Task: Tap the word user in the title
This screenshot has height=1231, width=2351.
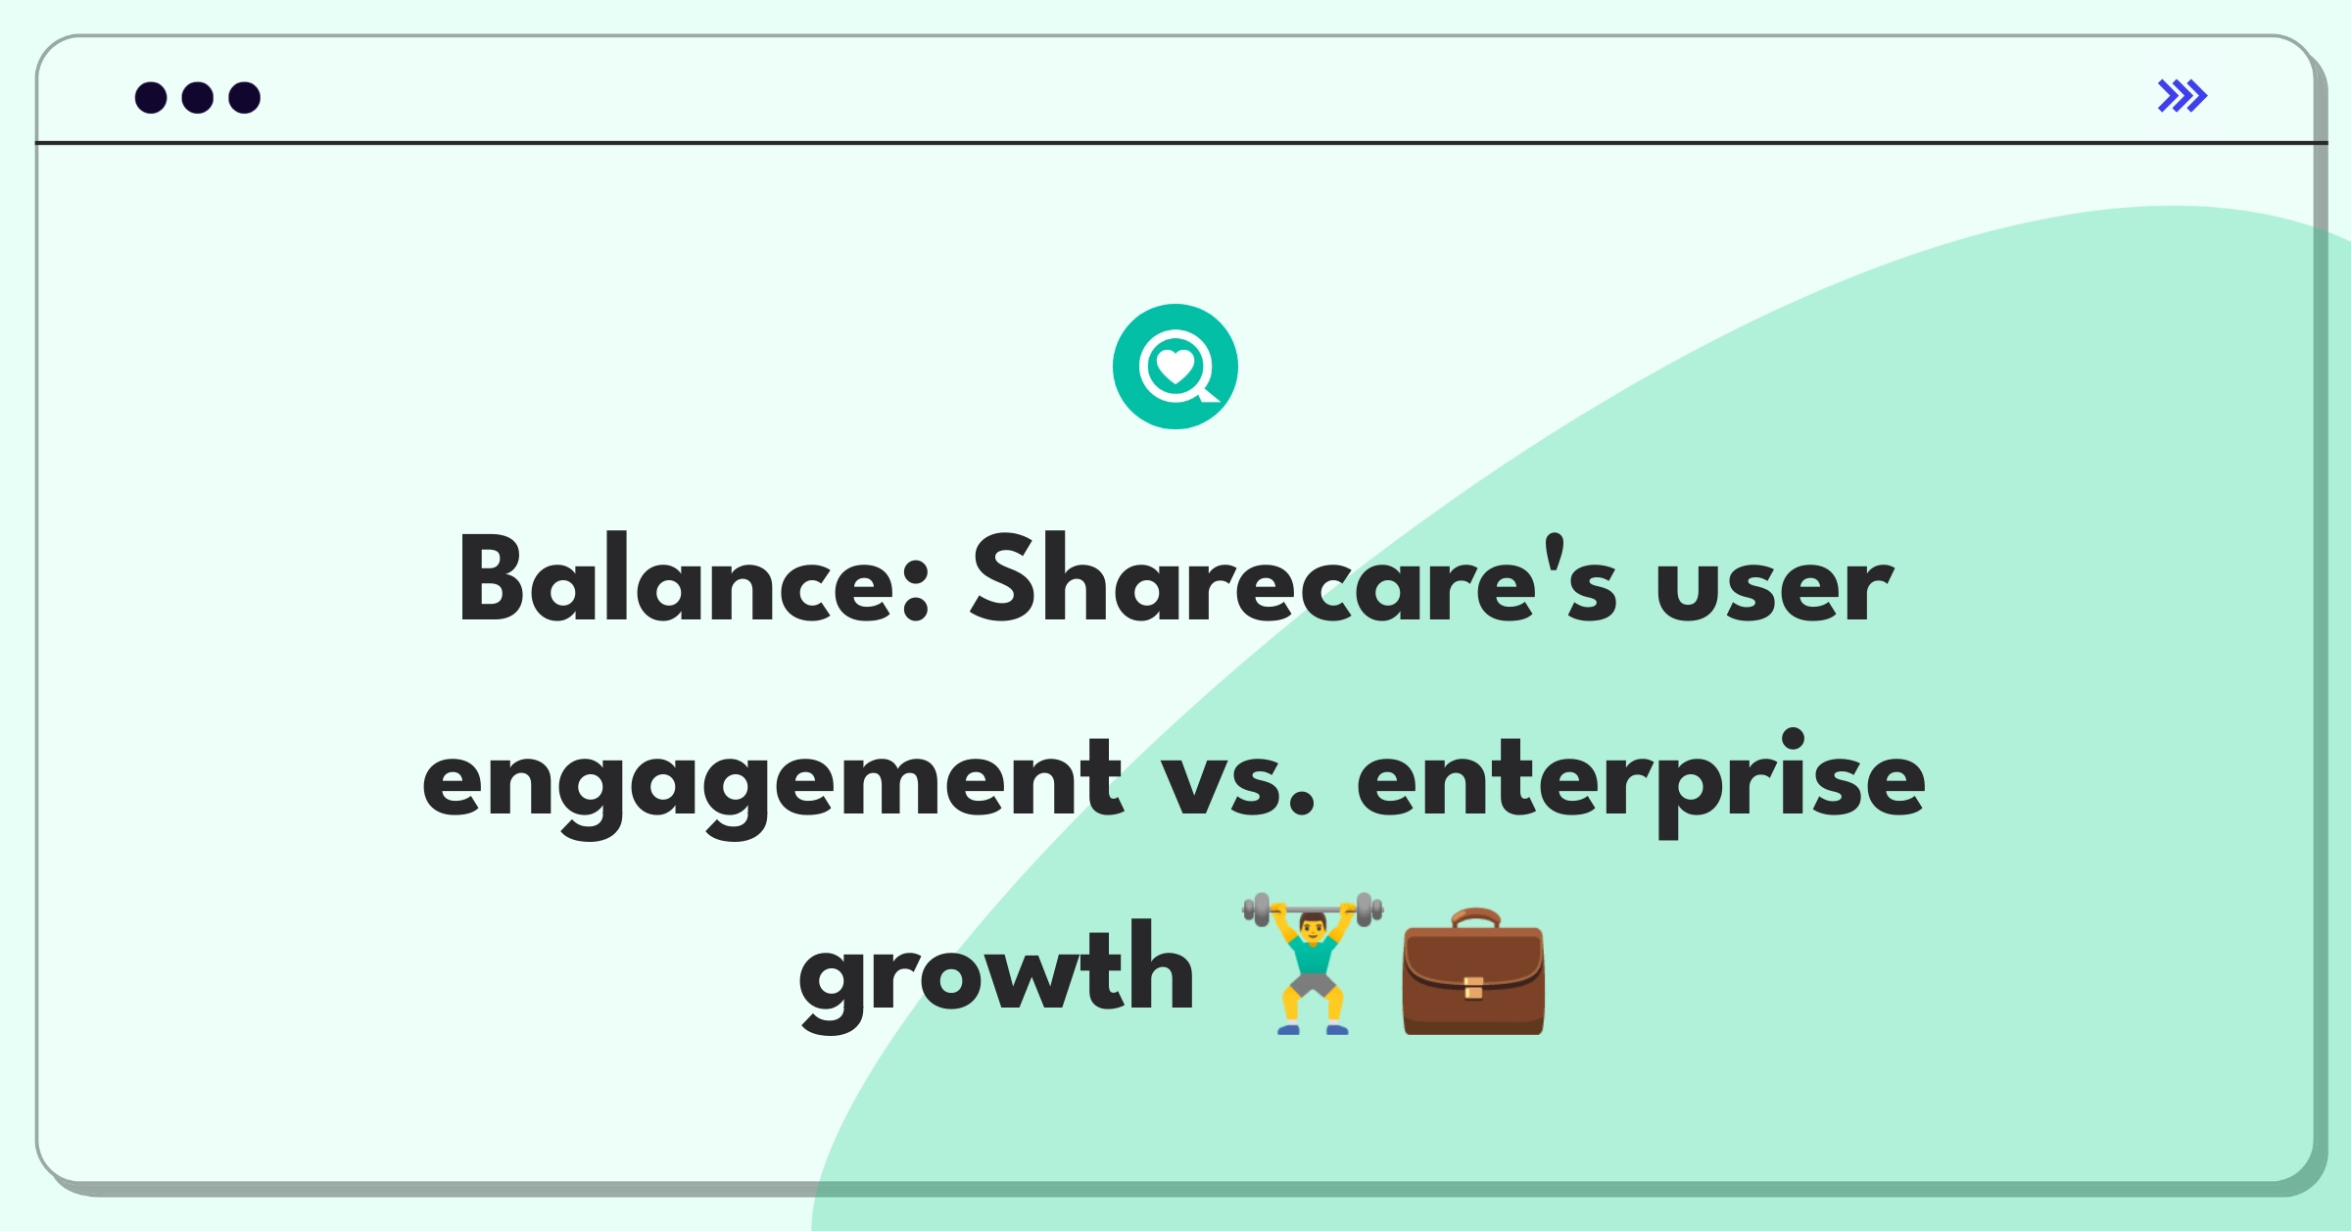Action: click(x=1774, y=588)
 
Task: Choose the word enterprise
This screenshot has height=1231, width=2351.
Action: click(x=1641, y=782)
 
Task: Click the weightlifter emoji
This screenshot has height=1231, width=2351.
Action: click(x=1313, y=963)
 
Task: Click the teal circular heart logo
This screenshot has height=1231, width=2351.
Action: click(x=1175, y=367)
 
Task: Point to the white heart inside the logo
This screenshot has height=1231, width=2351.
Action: click(x=1175, y=368)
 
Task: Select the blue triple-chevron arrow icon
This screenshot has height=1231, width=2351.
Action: click(x=2183, y=96)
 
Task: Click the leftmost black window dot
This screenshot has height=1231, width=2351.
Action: click(x=151, y=97)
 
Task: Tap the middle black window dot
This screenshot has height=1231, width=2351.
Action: click(x=198, y=97)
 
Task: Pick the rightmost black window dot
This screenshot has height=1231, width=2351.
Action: click(x=245, y=97)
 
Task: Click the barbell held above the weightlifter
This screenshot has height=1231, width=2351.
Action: click(x=1313, y=910)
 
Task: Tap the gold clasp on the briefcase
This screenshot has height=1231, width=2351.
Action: click(x=1473, y=987)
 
